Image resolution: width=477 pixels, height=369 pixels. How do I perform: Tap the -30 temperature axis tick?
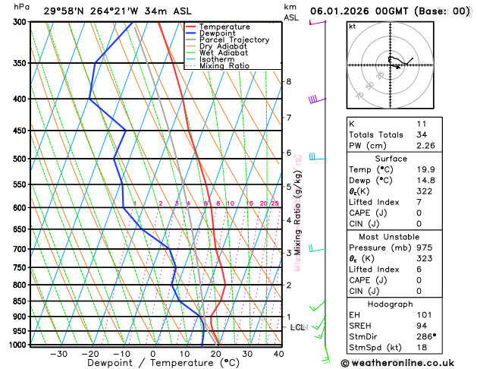(x=58, y=354)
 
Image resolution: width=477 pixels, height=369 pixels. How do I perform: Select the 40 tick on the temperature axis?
(x=279, y=354)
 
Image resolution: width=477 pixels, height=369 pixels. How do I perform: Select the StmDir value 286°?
(x=425, y=336)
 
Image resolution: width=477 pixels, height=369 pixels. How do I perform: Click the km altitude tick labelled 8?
(x=288, y=81)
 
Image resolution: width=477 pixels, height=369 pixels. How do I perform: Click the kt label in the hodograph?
(x=352, y=27)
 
